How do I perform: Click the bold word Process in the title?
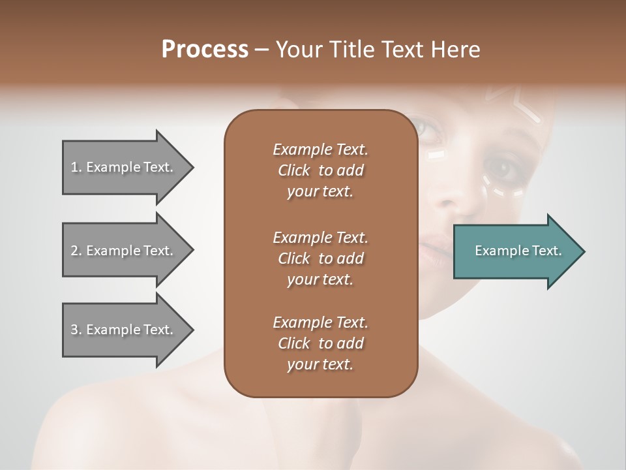pyautogui.click(x=205, y=50)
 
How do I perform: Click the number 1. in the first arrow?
pyautogui.click(x=76, y=167)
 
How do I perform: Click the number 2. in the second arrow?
pyautogui.click(x=76, y=251)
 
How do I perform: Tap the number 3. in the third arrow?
pyautogui.click(x=76, y=330)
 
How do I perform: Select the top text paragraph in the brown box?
pyautogui.click(x=320, y=170)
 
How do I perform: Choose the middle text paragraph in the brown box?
pyautogui.click(x=320, y=258)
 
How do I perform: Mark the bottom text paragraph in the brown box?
pyautogui.click(x=320, y=343)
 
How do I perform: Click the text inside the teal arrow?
pyautogui.click(x=518, y=251)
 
